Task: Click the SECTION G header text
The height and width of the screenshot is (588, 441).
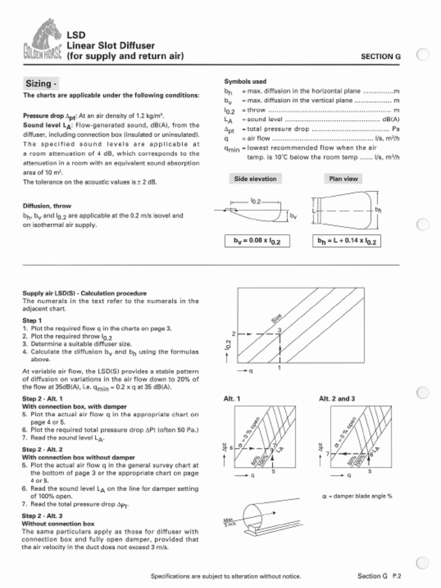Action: click(x=380, y=56)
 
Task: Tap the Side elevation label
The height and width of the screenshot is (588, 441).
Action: click(x=255, y=179)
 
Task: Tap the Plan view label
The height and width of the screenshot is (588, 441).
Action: click(x=343, y=179)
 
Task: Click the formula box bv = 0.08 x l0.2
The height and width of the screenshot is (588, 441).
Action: click(x=257, y=241)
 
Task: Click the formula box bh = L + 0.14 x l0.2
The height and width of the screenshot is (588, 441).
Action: click(x=347, y=241)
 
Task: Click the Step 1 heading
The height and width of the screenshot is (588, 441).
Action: click(x=32, y=320)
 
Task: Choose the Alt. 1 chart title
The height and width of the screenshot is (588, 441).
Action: click(x=231, y=399)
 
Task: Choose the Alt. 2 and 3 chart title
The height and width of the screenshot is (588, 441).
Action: click(x=336, y=399)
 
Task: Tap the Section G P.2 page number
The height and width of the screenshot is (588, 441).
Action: click(x=378, y=576)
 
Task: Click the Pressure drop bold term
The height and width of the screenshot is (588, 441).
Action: click(x=43, y=115)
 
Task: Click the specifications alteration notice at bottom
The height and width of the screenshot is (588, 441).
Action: click(x=225, y=576)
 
